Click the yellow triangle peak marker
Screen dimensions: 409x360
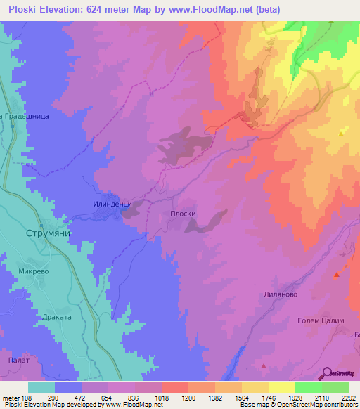[342, 133]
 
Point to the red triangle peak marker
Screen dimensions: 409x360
[264, 365]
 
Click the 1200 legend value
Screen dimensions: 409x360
[188, 397]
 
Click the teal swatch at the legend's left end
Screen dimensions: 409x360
[41, 387]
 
